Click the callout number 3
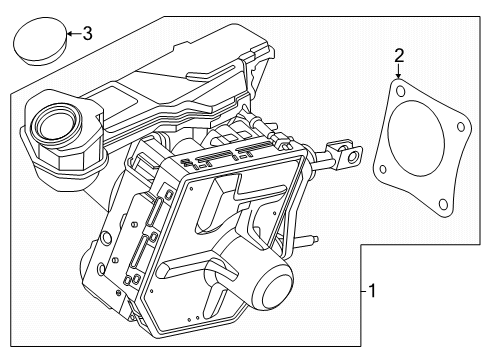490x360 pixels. pos(87,35)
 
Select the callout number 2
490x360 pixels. pos(398,55)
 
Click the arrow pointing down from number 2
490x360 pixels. pos(398,74)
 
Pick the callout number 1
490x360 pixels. pos(373,291)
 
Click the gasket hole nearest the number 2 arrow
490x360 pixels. pos(400,92)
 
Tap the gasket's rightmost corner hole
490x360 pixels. pos(460,126)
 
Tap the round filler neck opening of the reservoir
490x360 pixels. pos(53,124)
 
